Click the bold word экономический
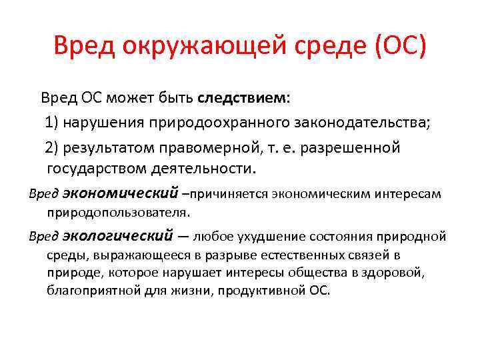click(x=121, y=193)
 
